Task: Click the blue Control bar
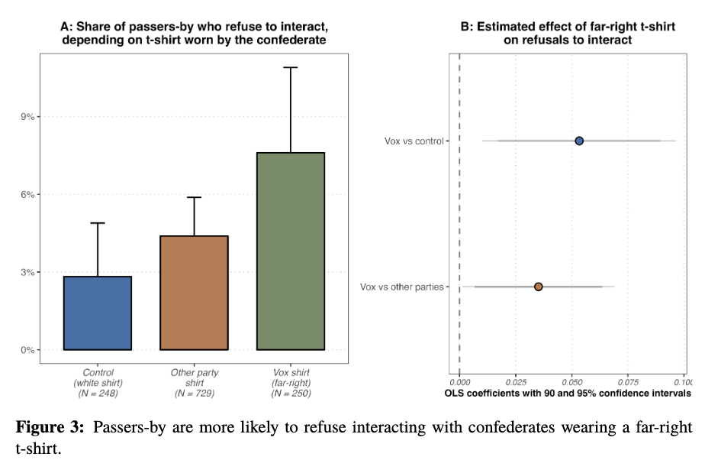pos(97,313)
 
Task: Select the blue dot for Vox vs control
pos(579,141)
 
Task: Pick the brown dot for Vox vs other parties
pos(539,287)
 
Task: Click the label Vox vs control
pos(415,141)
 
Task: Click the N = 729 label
pos(194,394)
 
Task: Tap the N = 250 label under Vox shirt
pos(291,394)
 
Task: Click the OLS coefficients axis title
pos(567,393)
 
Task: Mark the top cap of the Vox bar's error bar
pos(291,67)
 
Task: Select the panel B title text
pos(568,33)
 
